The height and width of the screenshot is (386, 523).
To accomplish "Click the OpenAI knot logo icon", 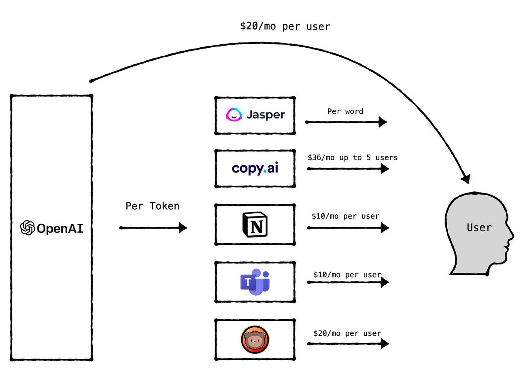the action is (28, 227).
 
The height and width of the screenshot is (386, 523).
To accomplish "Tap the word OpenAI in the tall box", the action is (60, 228).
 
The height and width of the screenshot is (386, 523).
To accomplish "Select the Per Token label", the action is (152, 206).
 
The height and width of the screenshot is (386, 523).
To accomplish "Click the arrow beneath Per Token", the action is (153, 227).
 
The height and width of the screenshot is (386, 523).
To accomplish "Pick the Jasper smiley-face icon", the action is (234, 115).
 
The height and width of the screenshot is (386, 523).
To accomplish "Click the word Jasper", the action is (266, 115).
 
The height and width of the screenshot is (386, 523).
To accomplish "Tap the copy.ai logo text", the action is (255, 168).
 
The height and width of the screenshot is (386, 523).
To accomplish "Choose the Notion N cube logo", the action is (255, 224).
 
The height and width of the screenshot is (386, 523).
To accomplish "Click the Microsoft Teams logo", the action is (255, 282).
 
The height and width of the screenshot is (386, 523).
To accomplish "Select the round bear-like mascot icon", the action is (255, 339).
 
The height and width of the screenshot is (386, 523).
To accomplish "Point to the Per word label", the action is (345, 111).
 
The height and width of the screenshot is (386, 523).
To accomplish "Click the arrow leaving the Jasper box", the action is (346, 122).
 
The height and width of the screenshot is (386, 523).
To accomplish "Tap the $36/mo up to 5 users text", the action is (353, 157).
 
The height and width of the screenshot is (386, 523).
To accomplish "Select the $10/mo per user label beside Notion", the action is (345, 216).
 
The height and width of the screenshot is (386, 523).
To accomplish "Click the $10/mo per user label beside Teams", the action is (347, 274).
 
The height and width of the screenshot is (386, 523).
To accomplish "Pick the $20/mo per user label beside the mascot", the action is (347, 333).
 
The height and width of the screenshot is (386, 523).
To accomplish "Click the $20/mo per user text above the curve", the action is (285, 26).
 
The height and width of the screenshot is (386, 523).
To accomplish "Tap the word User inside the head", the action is (479, 227).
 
